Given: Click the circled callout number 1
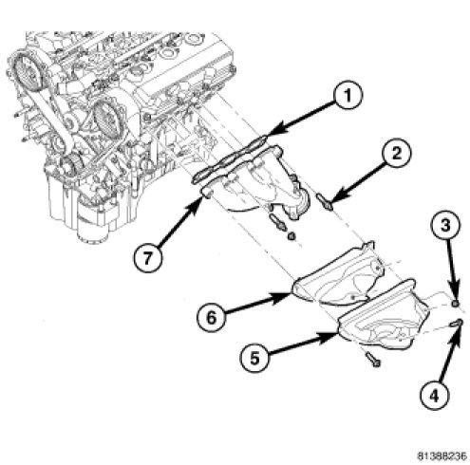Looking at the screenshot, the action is point(348,96).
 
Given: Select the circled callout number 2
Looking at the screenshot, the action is point(396,153).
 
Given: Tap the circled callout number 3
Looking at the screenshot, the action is point(445,226).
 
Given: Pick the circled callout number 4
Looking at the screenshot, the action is point(435,395).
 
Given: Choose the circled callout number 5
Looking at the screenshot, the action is point(254,358).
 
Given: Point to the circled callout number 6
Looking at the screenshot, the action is point(212,317).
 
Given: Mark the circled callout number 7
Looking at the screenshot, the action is point(147,258).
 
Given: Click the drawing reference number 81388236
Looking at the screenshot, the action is point(442,456).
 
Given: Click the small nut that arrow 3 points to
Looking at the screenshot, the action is point(455,304).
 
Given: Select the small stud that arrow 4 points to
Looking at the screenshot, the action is point(457,323).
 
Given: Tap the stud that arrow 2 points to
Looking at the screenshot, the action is point(324,201).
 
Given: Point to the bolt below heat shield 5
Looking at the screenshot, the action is point(373,360).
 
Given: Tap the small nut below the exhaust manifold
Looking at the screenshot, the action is point(291,235).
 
